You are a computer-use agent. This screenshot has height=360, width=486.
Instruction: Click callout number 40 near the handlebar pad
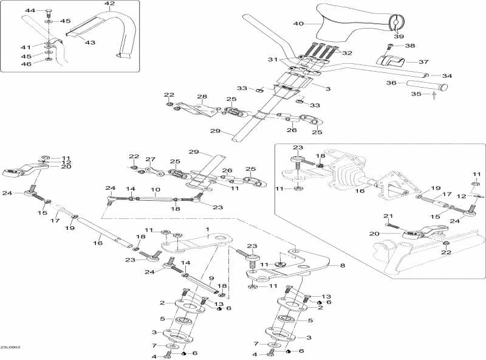coord(298,24)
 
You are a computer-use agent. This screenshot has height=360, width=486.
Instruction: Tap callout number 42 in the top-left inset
coord(109,4)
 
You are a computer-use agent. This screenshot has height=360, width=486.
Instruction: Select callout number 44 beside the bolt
coord(30,11)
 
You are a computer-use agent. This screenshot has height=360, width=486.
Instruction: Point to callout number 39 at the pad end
coord(399,36)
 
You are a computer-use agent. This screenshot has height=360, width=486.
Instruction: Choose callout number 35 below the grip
coord(416,94)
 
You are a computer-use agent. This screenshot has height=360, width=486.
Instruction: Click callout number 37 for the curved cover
coord(423,61)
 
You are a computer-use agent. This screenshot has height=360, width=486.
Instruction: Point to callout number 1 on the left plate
coord(207,230)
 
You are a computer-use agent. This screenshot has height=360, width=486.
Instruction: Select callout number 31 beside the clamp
coord(273,59)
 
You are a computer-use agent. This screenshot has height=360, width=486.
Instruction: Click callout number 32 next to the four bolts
coord(347,53)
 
